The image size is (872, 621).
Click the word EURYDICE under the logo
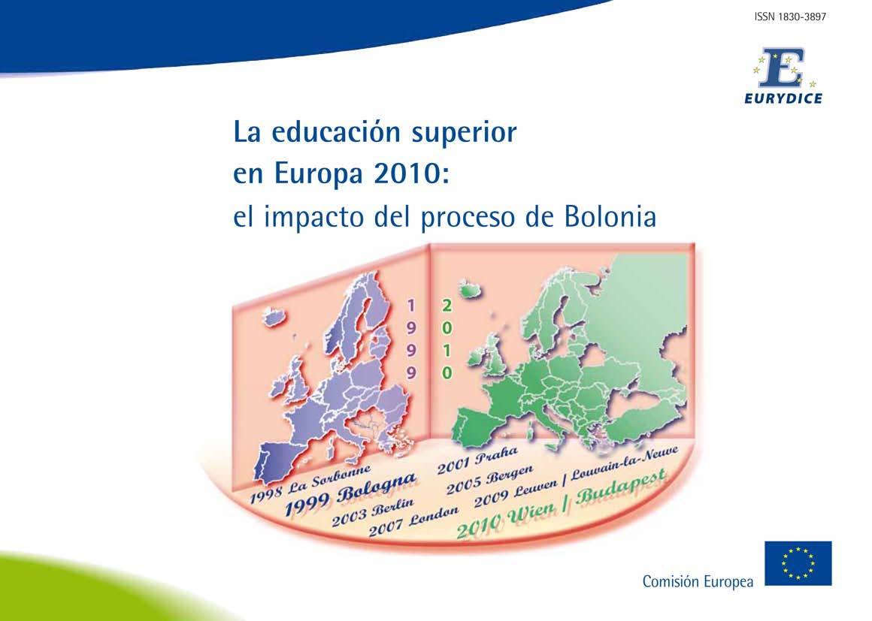(x=783, y=99)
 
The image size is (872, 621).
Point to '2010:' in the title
(x=411, y=173)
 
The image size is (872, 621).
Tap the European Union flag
(x=798, y=563)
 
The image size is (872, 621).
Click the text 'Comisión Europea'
(x=698, y=581)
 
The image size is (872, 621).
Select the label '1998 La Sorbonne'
(x=310, y=484)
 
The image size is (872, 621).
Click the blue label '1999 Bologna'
(x=350, y=494)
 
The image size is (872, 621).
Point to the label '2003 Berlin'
(x=373, y=512)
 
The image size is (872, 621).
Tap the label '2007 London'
(x=414, y=522)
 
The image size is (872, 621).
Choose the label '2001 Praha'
(x=477, y=460)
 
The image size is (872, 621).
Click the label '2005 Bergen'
(x=489, y=480)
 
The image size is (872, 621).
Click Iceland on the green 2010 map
(x=468, y=290)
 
